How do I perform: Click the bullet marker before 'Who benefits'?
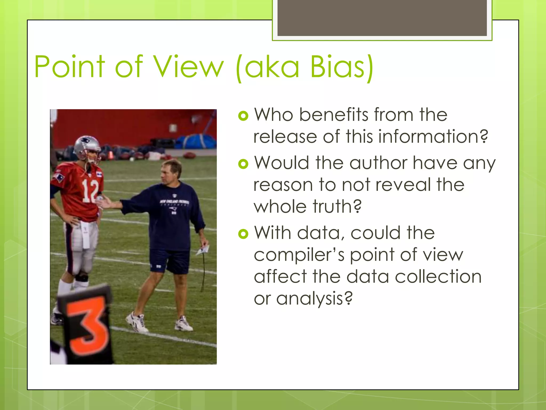243,116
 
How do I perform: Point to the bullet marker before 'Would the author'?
243,164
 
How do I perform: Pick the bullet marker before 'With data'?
243,234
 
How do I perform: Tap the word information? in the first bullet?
433,137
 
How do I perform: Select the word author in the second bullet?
379,163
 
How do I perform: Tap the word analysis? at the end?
315,298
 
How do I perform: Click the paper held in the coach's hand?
203,250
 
